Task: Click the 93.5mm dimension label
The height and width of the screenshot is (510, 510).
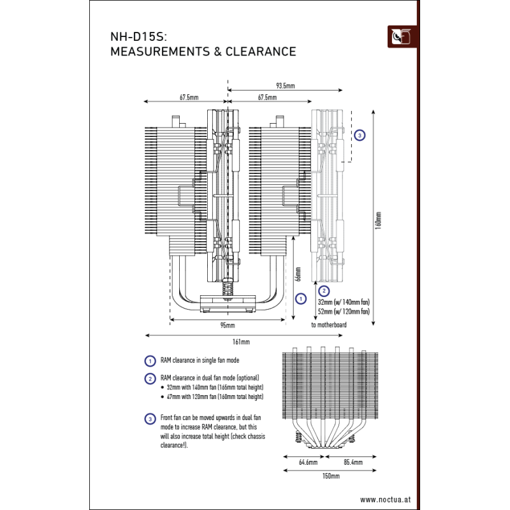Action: click(x=284, y=85)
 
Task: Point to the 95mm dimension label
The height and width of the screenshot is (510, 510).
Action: click(x=226, y=326)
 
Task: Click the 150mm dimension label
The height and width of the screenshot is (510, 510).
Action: click(x=330, y=476)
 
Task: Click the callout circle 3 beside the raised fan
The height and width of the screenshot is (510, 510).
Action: click(x=360, y=135)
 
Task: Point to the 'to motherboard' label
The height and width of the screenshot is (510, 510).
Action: click(x=328, y=325)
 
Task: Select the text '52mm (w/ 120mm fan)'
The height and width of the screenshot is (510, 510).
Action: click(x=343, y=312)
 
